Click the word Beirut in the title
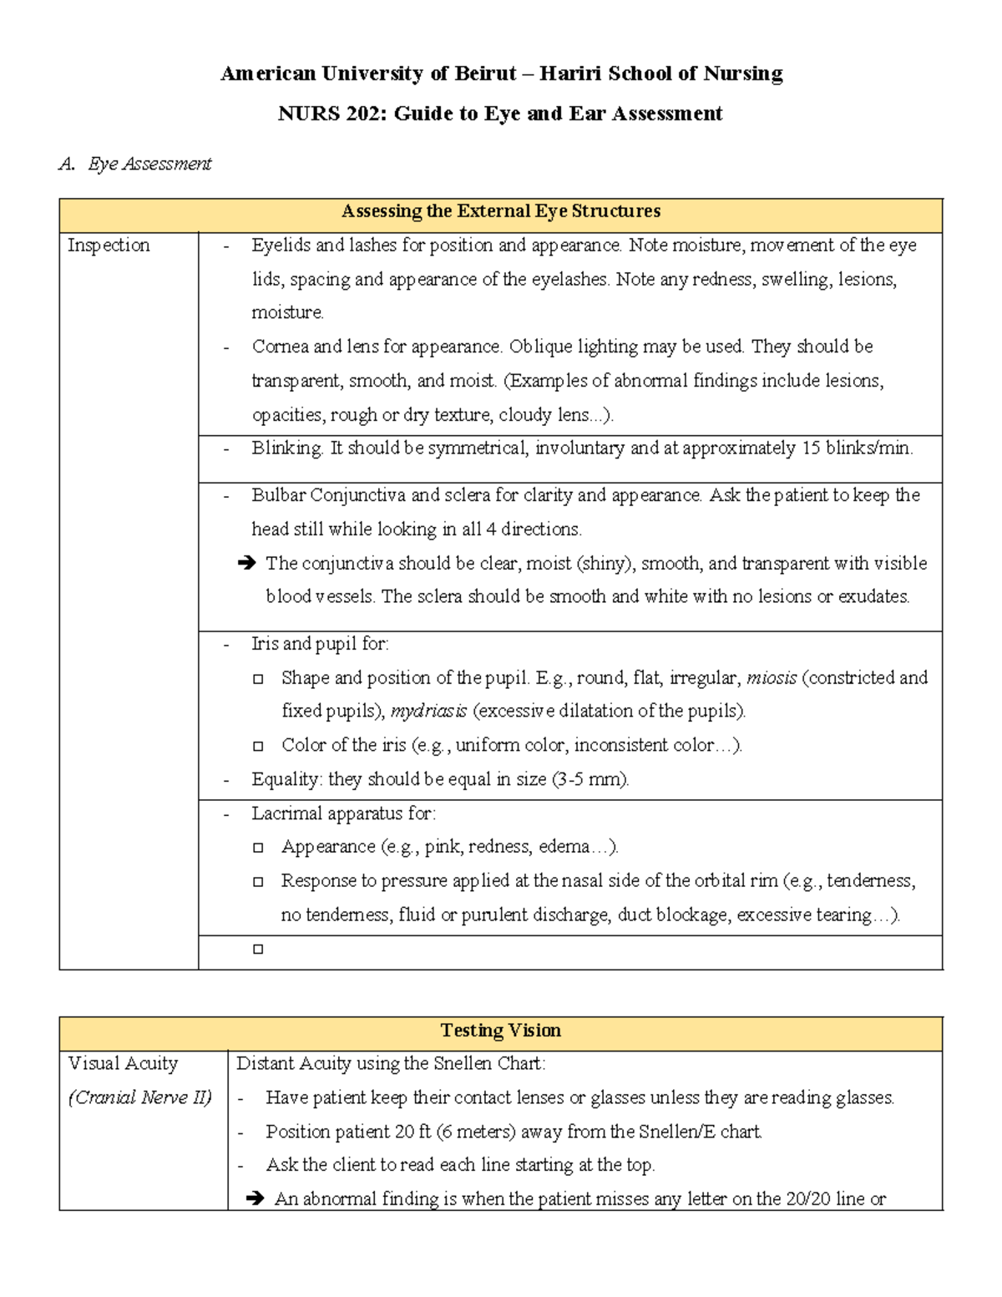pos(485,74)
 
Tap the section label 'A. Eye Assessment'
pos(135,165)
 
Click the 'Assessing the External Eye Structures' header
pos(500,211)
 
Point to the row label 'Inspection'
pos(109,246)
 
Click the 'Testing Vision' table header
pos(500,1031)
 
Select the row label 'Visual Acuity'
pos(123,1064)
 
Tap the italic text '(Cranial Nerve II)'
pos(140,1097)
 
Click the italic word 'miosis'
pos(771,677)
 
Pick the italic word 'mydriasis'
pos(428,712)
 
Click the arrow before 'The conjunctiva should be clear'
pos(246,564)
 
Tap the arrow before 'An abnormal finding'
pos(255,1199)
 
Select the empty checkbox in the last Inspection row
pos(258,950)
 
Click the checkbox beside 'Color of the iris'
pos(258,746)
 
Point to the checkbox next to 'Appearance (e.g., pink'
pos(258,848)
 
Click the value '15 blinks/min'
pos(856,448)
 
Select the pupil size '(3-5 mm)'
pos(590,780)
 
